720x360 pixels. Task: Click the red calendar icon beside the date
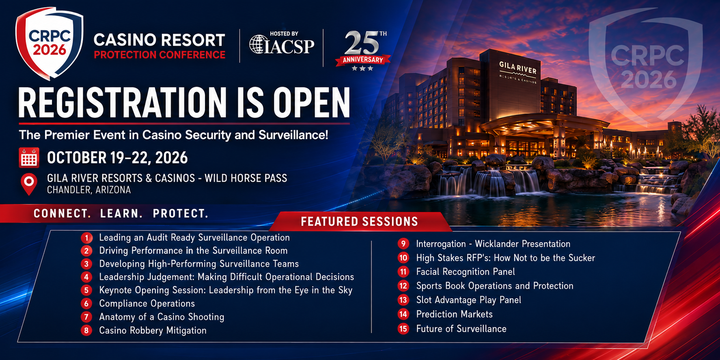(29, 157)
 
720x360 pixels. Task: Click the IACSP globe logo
(258, 44)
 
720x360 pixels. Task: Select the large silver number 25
(362, 43)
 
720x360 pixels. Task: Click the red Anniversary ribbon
(363, 60)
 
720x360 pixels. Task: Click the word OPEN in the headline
(311, 103)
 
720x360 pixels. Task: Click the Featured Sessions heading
(359, 222)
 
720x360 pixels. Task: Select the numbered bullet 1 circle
(86, 238)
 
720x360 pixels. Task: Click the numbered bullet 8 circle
(86, 330)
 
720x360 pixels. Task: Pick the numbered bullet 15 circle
(403, 328)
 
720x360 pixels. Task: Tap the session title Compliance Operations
(147, 304)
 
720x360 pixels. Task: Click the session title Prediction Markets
(454, 314)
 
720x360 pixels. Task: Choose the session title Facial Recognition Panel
(466, 272)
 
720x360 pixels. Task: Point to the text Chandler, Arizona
(89, 190)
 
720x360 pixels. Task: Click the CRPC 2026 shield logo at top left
(49, 43)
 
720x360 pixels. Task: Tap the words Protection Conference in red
(160, 55)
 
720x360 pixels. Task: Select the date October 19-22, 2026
(117, 158)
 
